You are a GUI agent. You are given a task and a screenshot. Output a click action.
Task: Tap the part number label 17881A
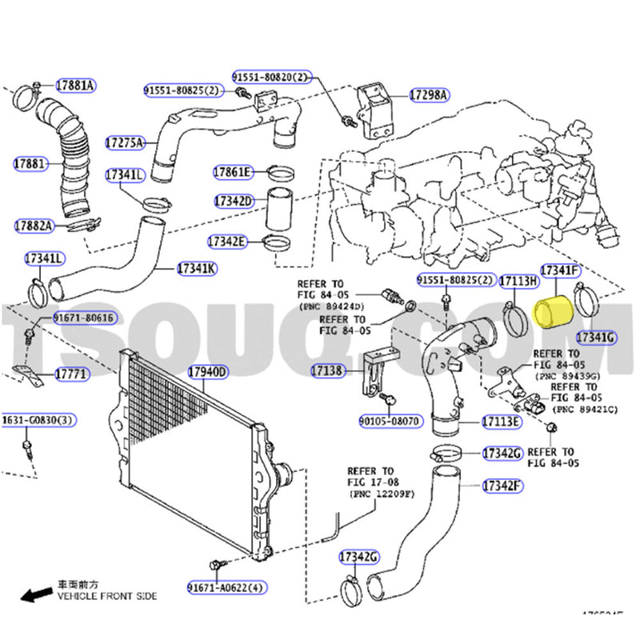[x=75, y=85]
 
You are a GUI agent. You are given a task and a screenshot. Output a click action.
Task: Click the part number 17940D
[x=207, y=372]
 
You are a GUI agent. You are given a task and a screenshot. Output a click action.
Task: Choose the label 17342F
[x=502, y=486]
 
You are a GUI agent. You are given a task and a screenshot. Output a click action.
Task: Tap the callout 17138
[x=327, y=370]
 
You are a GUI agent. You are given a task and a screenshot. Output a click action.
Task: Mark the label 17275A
[x=124, y=143]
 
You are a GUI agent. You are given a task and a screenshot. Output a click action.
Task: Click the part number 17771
[x=71, y=374]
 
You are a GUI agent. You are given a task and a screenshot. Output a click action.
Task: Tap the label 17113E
[x=502, y=422]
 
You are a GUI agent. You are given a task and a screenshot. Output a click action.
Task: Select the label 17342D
[x=233, y=201]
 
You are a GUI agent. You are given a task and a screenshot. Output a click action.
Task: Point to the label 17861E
[x=232, y=171]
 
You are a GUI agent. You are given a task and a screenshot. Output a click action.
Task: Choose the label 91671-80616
[x=83, y=318]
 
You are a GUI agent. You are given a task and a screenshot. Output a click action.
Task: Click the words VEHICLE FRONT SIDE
[x=106, y=596]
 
